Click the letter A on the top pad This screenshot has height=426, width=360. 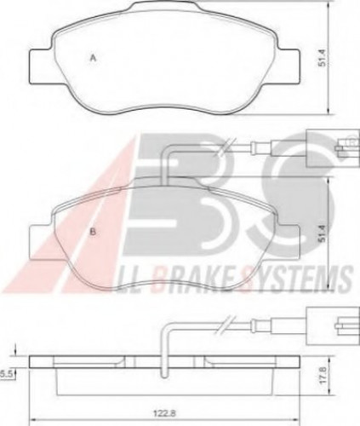click(x=93, y=58)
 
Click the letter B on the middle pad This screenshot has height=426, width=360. click(x=93, y=232)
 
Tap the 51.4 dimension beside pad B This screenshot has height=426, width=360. click(x=322, y=233)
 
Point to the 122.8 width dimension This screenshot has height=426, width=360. click(x=165, y=413)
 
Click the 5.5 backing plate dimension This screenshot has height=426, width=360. click(x=5, y=375)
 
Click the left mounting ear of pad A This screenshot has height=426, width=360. click(x=41, y=66)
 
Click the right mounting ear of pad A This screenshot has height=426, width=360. click(x=288, y=66)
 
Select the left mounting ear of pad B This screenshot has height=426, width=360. click(x=41, y=241)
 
